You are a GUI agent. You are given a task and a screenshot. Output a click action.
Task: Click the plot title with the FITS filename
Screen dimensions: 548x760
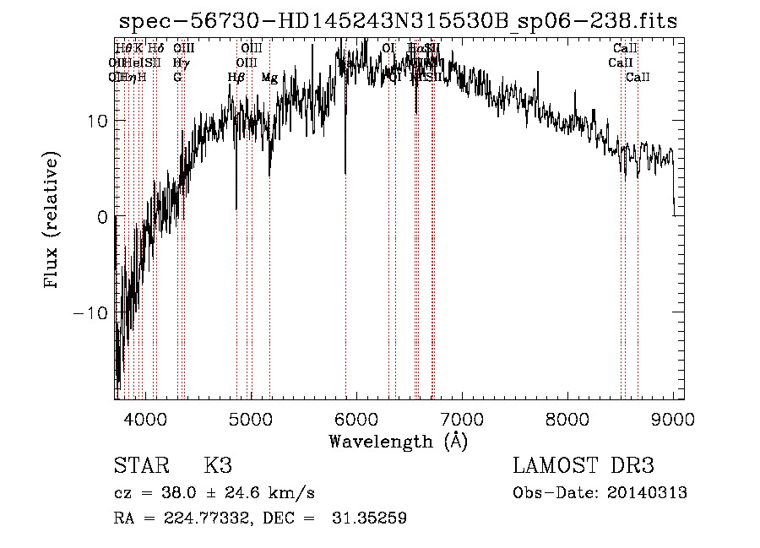pyautogui.click(x=398, y=21)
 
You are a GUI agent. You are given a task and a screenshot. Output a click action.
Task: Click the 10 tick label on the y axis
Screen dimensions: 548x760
pyautogui.click(x=96, y=121)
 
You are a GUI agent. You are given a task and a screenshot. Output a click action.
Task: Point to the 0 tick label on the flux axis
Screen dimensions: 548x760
pyautogui.click(x=101, y=217)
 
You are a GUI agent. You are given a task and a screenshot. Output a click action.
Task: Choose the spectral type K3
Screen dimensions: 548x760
pyautogui.click(x=217, y=466)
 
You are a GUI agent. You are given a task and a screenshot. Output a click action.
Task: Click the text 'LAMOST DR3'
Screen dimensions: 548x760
pyautogui.click(x=584, y=466)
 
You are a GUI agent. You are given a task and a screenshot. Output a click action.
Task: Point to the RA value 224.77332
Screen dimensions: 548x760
pyautogui.click(x=201, y=518)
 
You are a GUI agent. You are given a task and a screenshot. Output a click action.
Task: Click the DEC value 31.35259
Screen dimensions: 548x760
pyautogui.click(x=372, y=518)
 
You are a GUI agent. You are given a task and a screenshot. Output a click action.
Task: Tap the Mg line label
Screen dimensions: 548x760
pyautogui.click(x=269, y=78)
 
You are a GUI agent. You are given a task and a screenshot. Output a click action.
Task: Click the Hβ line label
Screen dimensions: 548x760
pyautogui.click(x=236, y=78)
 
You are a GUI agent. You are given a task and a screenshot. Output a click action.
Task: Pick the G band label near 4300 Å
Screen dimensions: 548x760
pyautogui.click(x=177, y=78)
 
